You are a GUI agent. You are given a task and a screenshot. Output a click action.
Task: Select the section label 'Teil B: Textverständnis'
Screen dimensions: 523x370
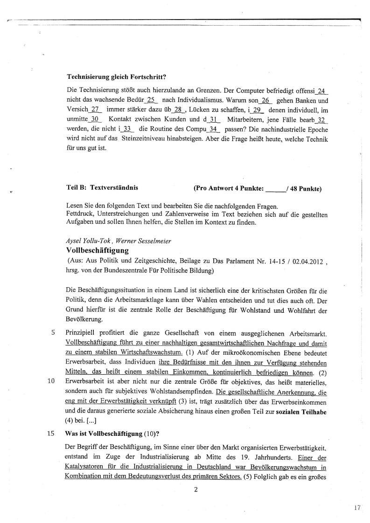click(x=102, y=188)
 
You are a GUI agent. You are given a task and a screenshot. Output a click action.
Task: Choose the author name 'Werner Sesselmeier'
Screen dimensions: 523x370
click(x=144, y=241)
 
